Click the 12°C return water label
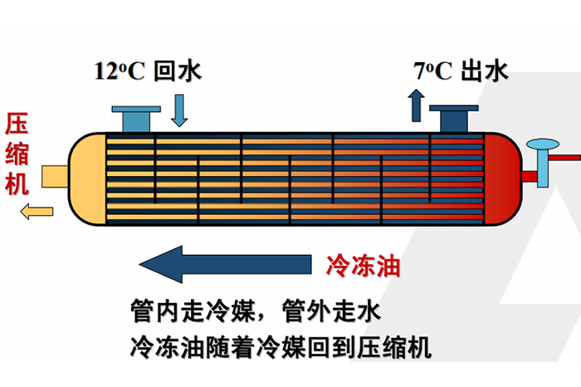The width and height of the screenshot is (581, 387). [x=148, y=71]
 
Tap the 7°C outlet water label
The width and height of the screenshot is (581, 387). [x=460, y=71]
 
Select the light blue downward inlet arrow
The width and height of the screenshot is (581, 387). [x=179, y=110]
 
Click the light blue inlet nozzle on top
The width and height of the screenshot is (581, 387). [x=134, y=118]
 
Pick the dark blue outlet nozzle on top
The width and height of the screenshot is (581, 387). [x=452, y=118]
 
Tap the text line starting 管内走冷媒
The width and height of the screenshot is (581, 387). [x=255, y=311]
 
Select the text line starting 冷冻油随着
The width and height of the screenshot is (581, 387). [x=281, y=345]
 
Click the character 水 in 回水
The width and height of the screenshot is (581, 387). [x=190, y=71]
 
